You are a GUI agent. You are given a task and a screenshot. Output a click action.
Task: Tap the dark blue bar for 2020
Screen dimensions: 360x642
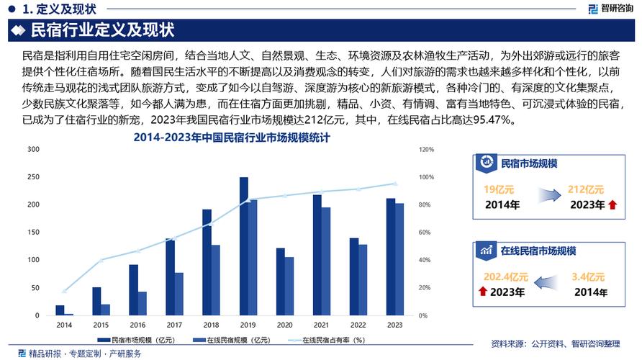pos(281,282)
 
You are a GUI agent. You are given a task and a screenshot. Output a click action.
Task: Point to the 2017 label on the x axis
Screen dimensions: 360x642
pos(174,325)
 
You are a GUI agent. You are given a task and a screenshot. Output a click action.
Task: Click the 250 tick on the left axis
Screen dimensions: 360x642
pos(33,177)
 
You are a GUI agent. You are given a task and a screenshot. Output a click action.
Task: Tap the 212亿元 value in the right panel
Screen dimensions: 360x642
pos(584,190)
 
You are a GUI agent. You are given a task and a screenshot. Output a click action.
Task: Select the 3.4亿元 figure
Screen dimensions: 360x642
pos(587,276)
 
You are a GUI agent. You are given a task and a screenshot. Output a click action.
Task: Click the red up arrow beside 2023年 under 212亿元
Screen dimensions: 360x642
pos(612,205)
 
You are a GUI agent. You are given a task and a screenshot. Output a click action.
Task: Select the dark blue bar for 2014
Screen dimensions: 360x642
pos(60,310)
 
